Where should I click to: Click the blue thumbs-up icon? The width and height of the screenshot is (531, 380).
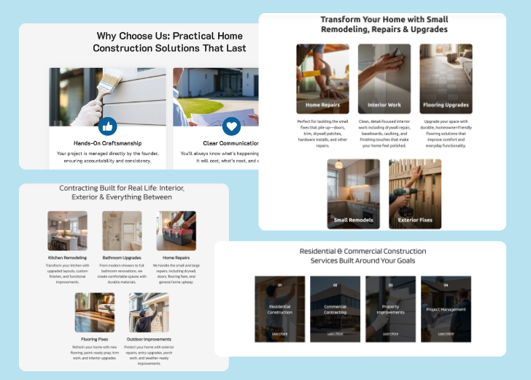(x=107, y=126)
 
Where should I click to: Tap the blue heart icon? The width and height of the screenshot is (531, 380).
(x=231, y=126)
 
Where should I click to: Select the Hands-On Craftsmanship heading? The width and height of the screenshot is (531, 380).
(x=107, y=143)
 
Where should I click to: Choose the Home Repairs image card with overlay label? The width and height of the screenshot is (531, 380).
(x=322, y=78)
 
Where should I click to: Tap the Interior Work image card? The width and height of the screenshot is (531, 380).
(x=384, y=78)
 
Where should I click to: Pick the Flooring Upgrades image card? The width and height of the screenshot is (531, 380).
(x=445, y=78)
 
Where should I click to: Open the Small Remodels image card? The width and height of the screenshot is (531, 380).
(x=353, y=194)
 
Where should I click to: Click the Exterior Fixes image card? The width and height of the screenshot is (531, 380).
(x=414, y=194)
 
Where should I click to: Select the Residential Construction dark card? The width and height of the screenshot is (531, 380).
(x=280, y=308)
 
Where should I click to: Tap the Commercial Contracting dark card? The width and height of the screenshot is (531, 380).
(x=335, y=308)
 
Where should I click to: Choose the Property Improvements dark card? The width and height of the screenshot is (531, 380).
(x=390, y=308)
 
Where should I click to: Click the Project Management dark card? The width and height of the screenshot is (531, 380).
(x=446, y=308)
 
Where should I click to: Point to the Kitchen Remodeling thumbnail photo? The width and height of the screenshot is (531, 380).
(x=67, y=231)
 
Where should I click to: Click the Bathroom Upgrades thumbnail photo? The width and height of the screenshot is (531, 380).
(x=122, y=231)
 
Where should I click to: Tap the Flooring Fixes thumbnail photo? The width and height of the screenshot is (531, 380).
(x=94, y=313)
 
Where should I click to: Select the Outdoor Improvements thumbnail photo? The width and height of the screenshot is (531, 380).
(x=149, y=313)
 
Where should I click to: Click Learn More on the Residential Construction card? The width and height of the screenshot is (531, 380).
(x=280, y=333)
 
